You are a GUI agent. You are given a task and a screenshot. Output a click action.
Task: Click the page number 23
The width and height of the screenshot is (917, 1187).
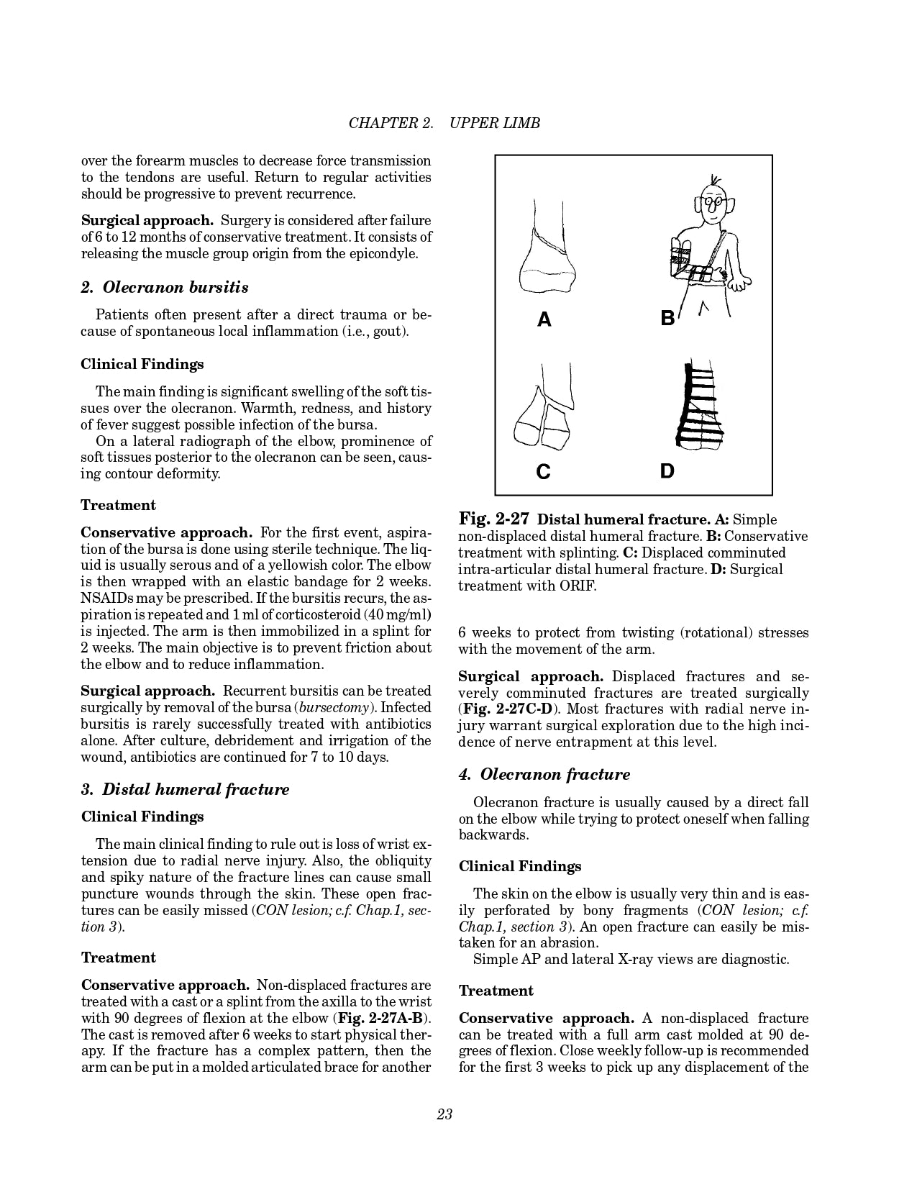click(444, 1114)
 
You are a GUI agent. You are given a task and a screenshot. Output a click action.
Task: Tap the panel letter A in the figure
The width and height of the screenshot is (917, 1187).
click(544, 319)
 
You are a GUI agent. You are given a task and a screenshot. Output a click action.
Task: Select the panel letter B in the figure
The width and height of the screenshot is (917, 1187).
click(667, 317)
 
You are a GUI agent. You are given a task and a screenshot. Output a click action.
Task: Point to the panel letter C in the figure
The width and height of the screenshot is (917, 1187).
click(544, 472)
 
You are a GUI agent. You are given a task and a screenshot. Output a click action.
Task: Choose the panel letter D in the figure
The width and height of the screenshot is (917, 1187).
click(667, 471)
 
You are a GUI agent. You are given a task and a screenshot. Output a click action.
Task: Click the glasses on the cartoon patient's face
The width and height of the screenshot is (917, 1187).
click(713, 203)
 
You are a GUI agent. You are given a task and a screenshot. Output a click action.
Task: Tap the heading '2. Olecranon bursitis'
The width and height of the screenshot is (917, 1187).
click(165, 288)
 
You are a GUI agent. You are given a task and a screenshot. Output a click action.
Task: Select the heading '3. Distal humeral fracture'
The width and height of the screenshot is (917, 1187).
click(185, 789)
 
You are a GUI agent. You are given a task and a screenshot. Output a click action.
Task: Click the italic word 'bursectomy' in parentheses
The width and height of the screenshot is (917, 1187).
click(334, 708)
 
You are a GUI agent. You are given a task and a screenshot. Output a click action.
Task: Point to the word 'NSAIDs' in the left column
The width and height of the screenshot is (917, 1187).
click(104, 599)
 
